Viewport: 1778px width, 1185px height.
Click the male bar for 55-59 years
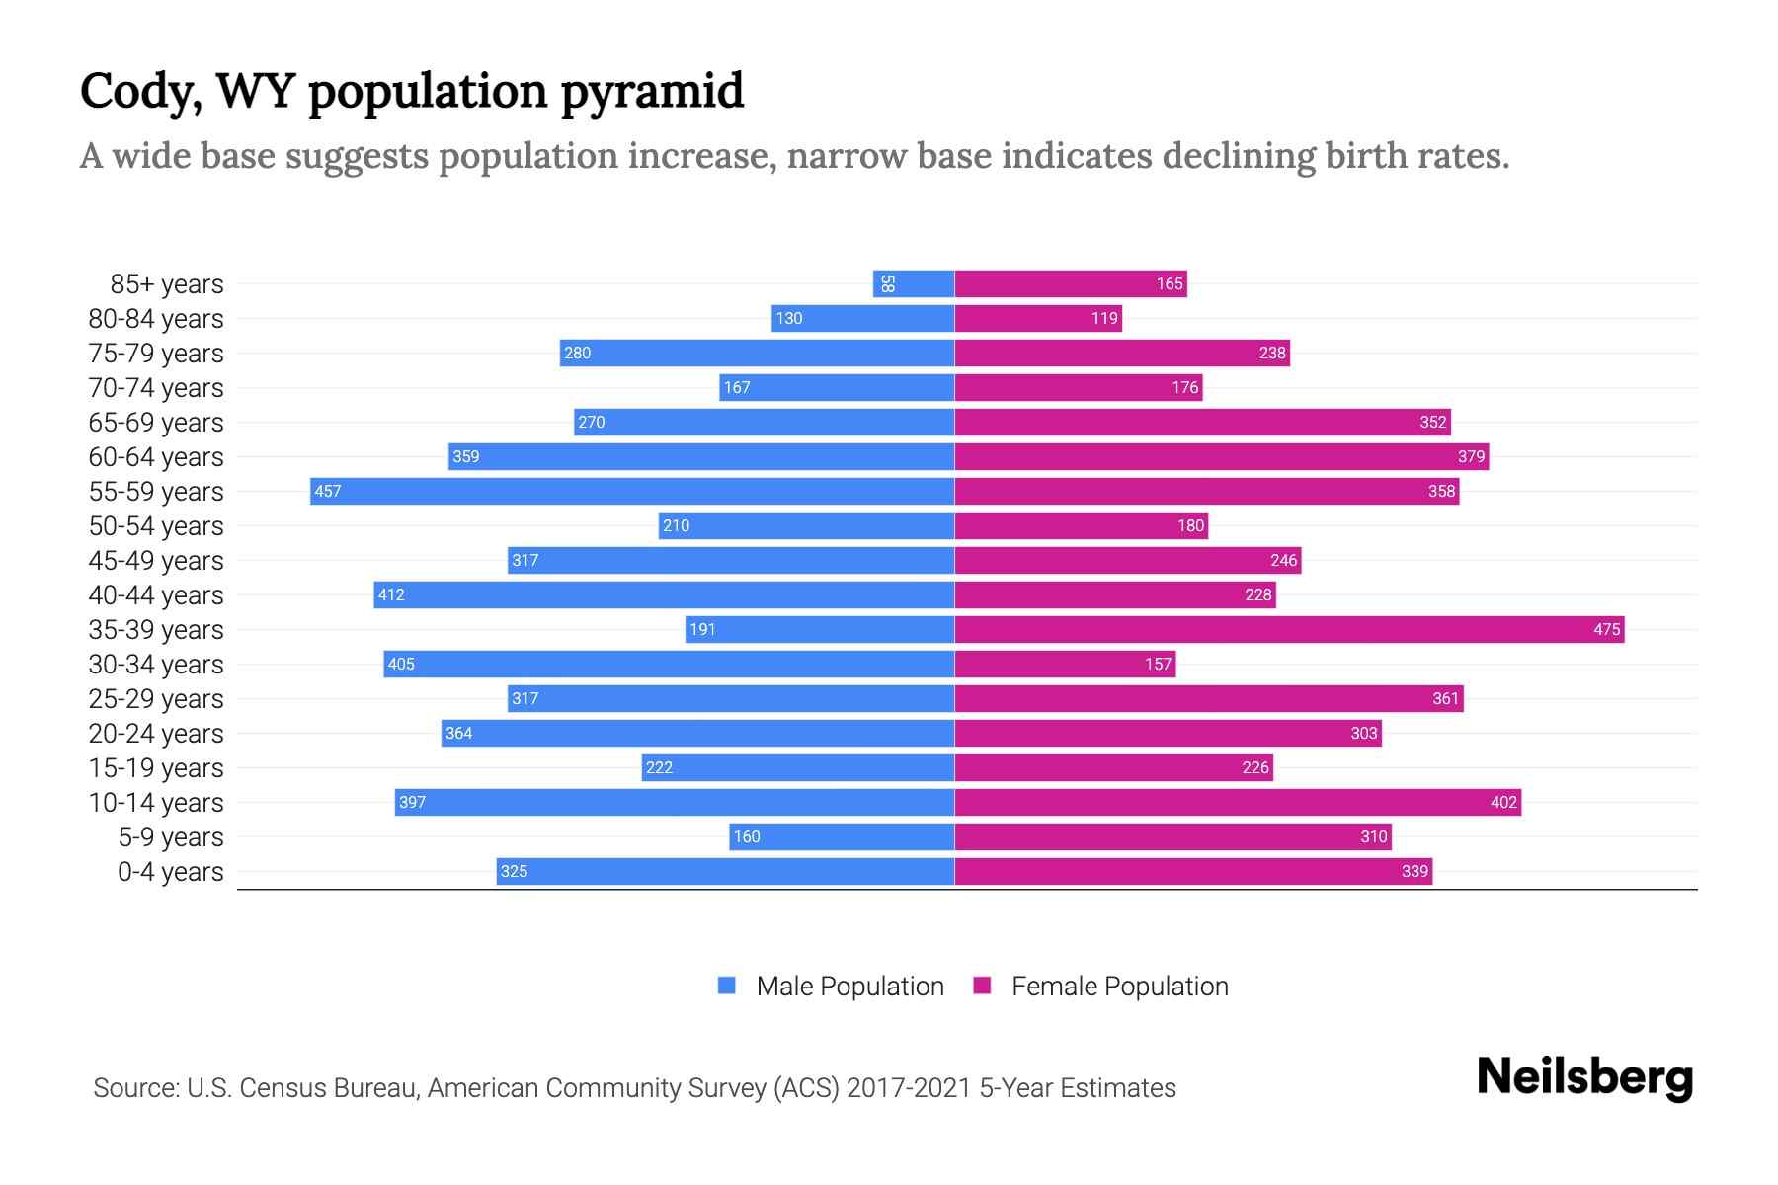(x=632, y=491)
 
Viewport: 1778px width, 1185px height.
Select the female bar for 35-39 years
(x=1289, y=629)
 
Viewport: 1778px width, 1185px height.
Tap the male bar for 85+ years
(x=914, y=283)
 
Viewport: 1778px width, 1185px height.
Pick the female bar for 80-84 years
(x=1038, y=318)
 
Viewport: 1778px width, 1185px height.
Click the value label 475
(x=1606, y=629)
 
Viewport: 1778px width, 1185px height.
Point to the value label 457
(x=328, y=491)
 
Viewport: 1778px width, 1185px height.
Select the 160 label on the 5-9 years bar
(x=747, y=836)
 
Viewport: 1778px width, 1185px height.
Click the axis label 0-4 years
(x=170, y=872)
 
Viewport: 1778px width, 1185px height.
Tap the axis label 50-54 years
(x=156, y=526)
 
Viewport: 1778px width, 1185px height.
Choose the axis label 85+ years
(x=166, y=284)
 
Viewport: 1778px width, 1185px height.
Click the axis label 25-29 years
(x=156, y=699)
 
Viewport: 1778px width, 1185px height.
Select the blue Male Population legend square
(x=727, y=986)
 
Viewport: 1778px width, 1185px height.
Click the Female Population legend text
(x=1119, y=986)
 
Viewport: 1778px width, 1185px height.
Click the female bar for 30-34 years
(x=1065, y=664)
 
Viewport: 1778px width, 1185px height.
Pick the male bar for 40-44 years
(x=664, y=594)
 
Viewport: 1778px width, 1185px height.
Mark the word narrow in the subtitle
(x=847, y=156)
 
